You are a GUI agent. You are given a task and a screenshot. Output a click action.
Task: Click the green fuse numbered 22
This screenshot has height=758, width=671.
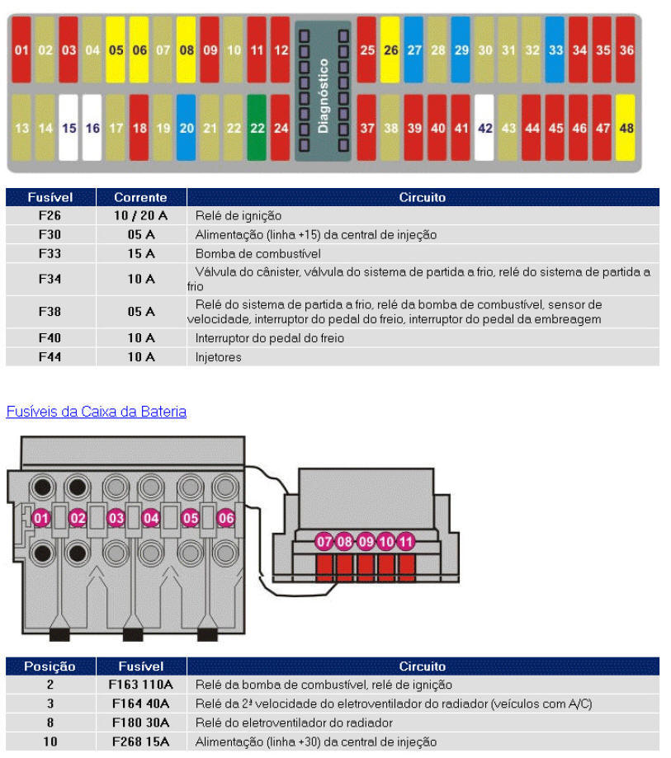click(x=257, y=128)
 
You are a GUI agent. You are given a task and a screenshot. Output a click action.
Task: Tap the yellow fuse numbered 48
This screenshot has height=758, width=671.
click(x=626, y=128)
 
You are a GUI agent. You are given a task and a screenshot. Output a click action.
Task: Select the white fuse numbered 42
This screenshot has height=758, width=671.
click(x=484, y=128)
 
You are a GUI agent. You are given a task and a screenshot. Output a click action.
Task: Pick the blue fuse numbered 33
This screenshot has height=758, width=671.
click(x=555, y=49)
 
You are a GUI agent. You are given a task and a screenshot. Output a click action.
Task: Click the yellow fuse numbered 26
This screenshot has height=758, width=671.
click(x=390, y=49)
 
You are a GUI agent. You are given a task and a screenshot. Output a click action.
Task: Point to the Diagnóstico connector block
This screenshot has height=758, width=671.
click(x=323, y=92)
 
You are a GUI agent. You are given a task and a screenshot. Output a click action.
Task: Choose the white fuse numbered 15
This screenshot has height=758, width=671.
click(x=69, y=128)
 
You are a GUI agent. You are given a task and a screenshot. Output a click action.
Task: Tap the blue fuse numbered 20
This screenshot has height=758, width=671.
click(x=187, y=128)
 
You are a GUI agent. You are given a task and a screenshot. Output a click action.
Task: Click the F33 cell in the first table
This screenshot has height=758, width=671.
click(x=50, y=253)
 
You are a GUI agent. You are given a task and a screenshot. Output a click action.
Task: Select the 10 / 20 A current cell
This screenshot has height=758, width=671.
click(x=140, y=215)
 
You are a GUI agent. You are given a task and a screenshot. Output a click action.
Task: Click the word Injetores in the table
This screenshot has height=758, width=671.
click(x=218, y=357)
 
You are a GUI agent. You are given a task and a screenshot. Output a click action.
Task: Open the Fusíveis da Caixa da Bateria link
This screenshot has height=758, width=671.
click(x=96, y=412)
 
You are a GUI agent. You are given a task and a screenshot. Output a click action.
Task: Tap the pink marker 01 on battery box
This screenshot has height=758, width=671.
click(x=41, y=518)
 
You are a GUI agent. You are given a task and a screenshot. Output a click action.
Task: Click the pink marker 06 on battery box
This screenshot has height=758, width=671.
click(x=226, y=518)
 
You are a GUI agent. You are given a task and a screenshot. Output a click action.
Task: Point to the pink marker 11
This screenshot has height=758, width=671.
click(x=405, y=542)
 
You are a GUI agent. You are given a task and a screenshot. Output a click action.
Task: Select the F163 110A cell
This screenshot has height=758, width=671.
click(x=140, y=685)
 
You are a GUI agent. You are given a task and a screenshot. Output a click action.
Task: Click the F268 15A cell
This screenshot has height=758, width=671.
click(x=140, y=742)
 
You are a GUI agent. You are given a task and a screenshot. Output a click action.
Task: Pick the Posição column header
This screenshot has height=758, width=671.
click(x=50, y=666)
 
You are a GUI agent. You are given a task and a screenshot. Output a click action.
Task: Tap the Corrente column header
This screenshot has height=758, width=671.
click(x=140, y=198)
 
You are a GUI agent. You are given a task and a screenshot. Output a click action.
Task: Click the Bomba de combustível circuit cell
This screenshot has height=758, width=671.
click(x=258, y=253)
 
